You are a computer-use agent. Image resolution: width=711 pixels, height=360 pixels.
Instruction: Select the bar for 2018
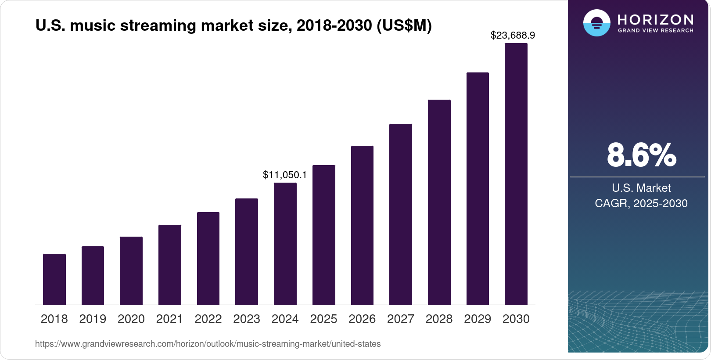click(54, 279)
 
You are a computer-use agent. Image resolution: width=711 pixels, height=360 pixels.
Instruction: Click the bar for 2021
click(170, 265)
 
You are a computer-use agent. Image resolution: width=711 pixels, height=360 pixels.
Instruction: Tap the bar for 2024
click(285, 244)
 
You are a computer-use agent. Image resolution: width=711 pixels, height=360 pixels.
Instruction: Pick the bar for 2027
click(401, 214)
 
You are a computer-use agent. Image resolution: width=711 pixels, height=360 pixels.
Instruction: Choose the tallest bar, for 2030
click(516, 174)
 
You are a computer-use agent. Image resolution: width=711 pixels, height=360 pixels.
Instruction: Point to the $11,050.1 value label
click(285, 175)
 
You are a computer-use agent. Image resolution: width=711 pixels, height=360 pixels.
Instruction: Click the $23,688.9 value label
click(513, 35)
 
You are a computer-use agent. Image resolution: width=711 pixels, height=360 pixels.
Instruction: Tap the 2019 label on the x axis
click(93, 319)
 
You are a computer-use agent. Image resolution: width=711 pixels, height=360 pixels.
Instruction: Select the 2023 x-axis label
click(247, 319)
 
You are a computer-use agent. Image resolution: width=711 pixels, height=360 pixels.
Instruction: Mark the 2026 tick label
click(362, 319)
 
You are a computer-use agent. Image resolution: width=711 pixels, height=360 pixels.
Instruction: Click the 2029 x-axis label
click(478, 319)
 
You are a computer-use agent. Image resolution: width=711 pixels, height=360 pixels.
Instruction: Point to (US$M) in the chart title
click(404, 25)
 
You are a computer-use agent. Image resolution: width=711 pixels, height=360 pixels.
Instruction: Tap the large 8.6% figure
click(641, 155)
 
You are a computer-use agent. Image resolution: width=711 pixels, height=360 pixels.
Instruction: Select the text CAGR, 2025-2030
click(641, 203)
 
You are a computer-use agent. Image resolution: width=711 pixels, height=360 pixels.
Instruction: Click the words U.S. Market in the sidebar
click(641, 188)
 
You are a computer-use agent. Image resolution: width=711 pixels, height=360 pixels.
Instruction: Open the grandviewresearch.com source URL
click(208, 344)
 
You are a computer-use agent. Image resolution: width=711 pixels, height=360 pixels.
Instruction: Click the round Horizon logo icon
click(597, 23)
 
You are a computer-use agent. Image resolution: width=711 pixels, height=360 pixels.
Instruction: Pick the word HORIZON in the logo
click(656, 19)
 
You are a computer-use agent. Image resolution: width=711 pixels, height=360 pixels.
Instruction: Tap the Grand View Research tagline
click(656, 31)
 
